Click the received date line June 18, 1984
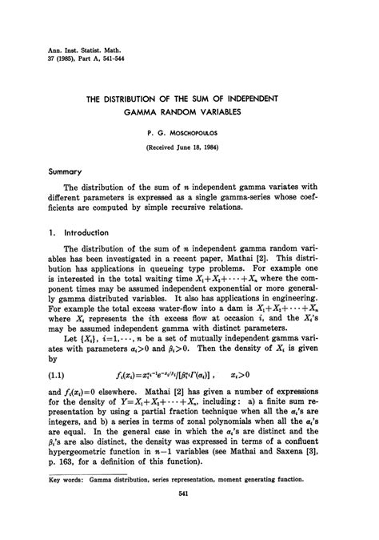point(189,149)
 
